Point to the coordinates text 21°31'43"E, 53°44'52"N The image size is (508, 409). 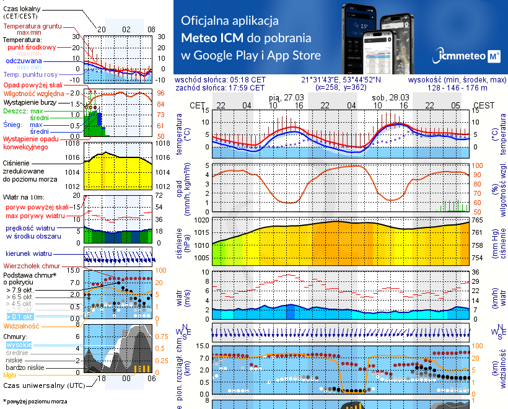coord(341,80)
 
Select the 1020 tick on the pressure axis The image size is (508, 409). coord(203,220)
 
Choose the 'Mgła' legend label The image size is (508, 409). coord(9,375)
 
